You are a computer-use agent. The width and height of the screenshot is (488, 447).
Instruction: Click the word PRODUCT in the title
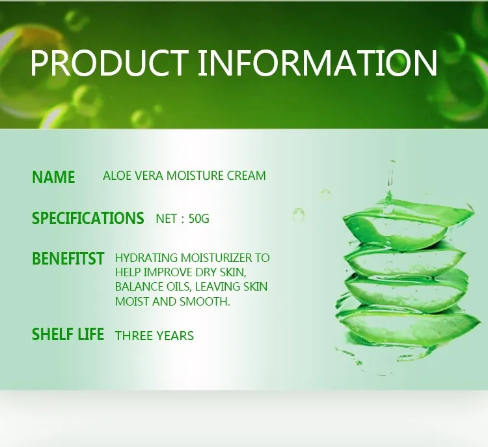tap(109, 63)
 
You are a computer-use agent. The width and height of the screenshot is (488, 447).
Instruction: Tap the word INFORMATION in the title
tap(318, 63)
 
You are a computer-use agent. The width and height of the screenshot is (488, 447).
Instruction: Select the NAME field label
tap(53, 177)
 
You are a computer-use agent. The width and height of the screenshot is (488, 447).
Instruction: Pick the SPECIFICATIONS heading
tap(88, 218)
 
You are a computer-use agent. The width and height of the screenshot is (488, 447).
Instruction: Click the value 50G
tap(199, 218)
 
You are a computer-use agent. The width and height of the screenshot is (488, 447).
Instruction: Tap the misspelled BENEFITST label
tap(68, 259)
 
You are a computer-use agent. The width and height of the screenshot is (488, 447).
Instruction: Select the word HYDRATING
tap(146, 258)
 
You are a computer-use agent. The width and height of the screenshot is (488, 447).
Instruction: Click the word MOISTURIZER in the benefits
tap(217, 258)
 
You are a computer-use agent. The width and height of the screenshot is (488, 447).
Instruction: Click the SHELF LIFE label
tap(68, 334)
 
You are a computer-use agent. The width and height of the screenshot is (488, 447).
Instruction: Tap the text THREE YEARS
tap(154, 336)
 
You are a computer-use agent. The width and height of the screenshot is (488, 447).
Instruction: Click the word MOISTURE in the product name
tap(195, 176)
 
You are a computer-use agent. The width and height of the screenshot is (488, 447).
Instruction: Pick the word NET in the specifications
tap(167, 218)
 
